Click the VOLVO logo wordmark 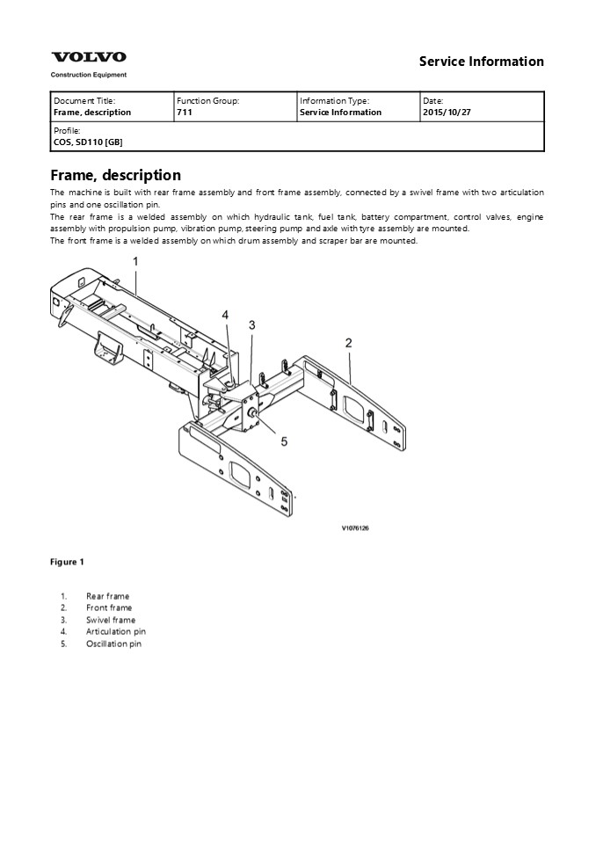pyautogui.click(x=88, y=57)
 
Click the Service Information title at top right pyautogui.click(x=481, y=62)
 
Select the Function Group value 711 pyautogui.click(x=183, y=113)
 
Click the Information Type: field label pyautogui.click(x=334, y=101)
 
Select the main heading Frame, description pyautogui.click(x=116, y=175)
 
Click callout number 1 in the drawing pyautogui.click(x=135, y=261)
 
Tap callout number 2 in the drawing pyautogui.click(x=348, y=343)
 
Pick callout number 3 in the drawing pyautogui.click(x=251, y=325)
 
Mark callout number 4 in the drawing pyautogui.click(x=225, y=315)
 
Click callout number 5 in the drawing pyautogui.click(x=284, y=441)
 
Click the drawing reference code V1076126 pyautogui.click(x=354, y=528)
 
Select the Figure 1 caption pyautogui.click(x=68, y=562)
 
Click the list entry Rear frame pyautogui.click(x=107, y=596)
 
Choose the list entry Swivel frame pyautogui.click(x=111, y=620)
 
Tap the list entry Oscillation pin pyautogui.click(x=113, y=644)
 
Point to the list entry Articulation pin pyautogui.click(x=116, y=631)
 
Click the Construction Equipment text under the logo pyautogui.click(x=88, y=75)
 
